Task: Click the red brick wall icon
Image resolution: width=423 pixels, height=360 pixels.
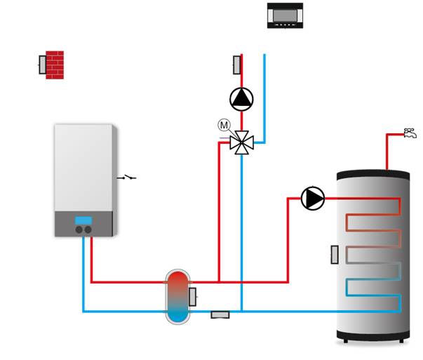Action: click(55, 65)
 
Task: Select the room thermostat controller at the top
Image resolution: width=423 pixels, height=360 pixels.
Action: click(286, 15)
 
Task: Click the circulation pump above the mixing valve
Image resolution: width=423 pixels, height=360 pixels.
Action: click(241, 98)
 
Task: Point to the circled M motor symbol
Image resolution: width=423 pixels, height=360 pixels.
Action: click(224, 125)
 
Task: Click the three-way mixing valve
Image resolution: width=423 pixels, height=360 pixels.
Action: click(242, 142)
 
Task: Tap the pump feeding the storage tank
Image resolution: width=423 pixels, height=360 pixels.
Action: click(313, 199)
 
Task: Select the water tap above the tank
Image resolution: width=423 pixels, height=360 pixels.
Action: click(410, 132)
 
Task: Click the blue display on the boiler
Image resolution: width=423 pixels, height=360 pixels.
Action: click(83, 219)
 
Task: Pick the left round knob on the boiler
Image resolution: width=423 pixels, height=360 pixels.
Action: click(79, 229)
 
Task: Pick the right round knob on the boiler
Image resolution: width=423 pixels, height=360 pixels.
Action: click(88, 229)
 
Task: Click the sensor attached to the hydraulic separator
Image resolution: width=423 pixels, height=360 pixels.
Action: click(192, 297)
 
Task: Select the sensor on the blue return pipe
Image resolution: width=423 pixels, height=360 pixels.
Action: click(220, 314)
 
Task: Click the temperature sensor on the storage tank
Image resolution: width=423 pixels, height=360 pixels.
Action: click(335, 255)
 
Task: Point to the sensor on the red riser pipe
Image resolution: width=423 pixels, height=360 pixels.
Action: click(236, 65)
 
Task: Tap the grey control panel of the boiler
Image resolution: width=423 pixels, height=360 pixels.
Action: click(83, 225)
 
